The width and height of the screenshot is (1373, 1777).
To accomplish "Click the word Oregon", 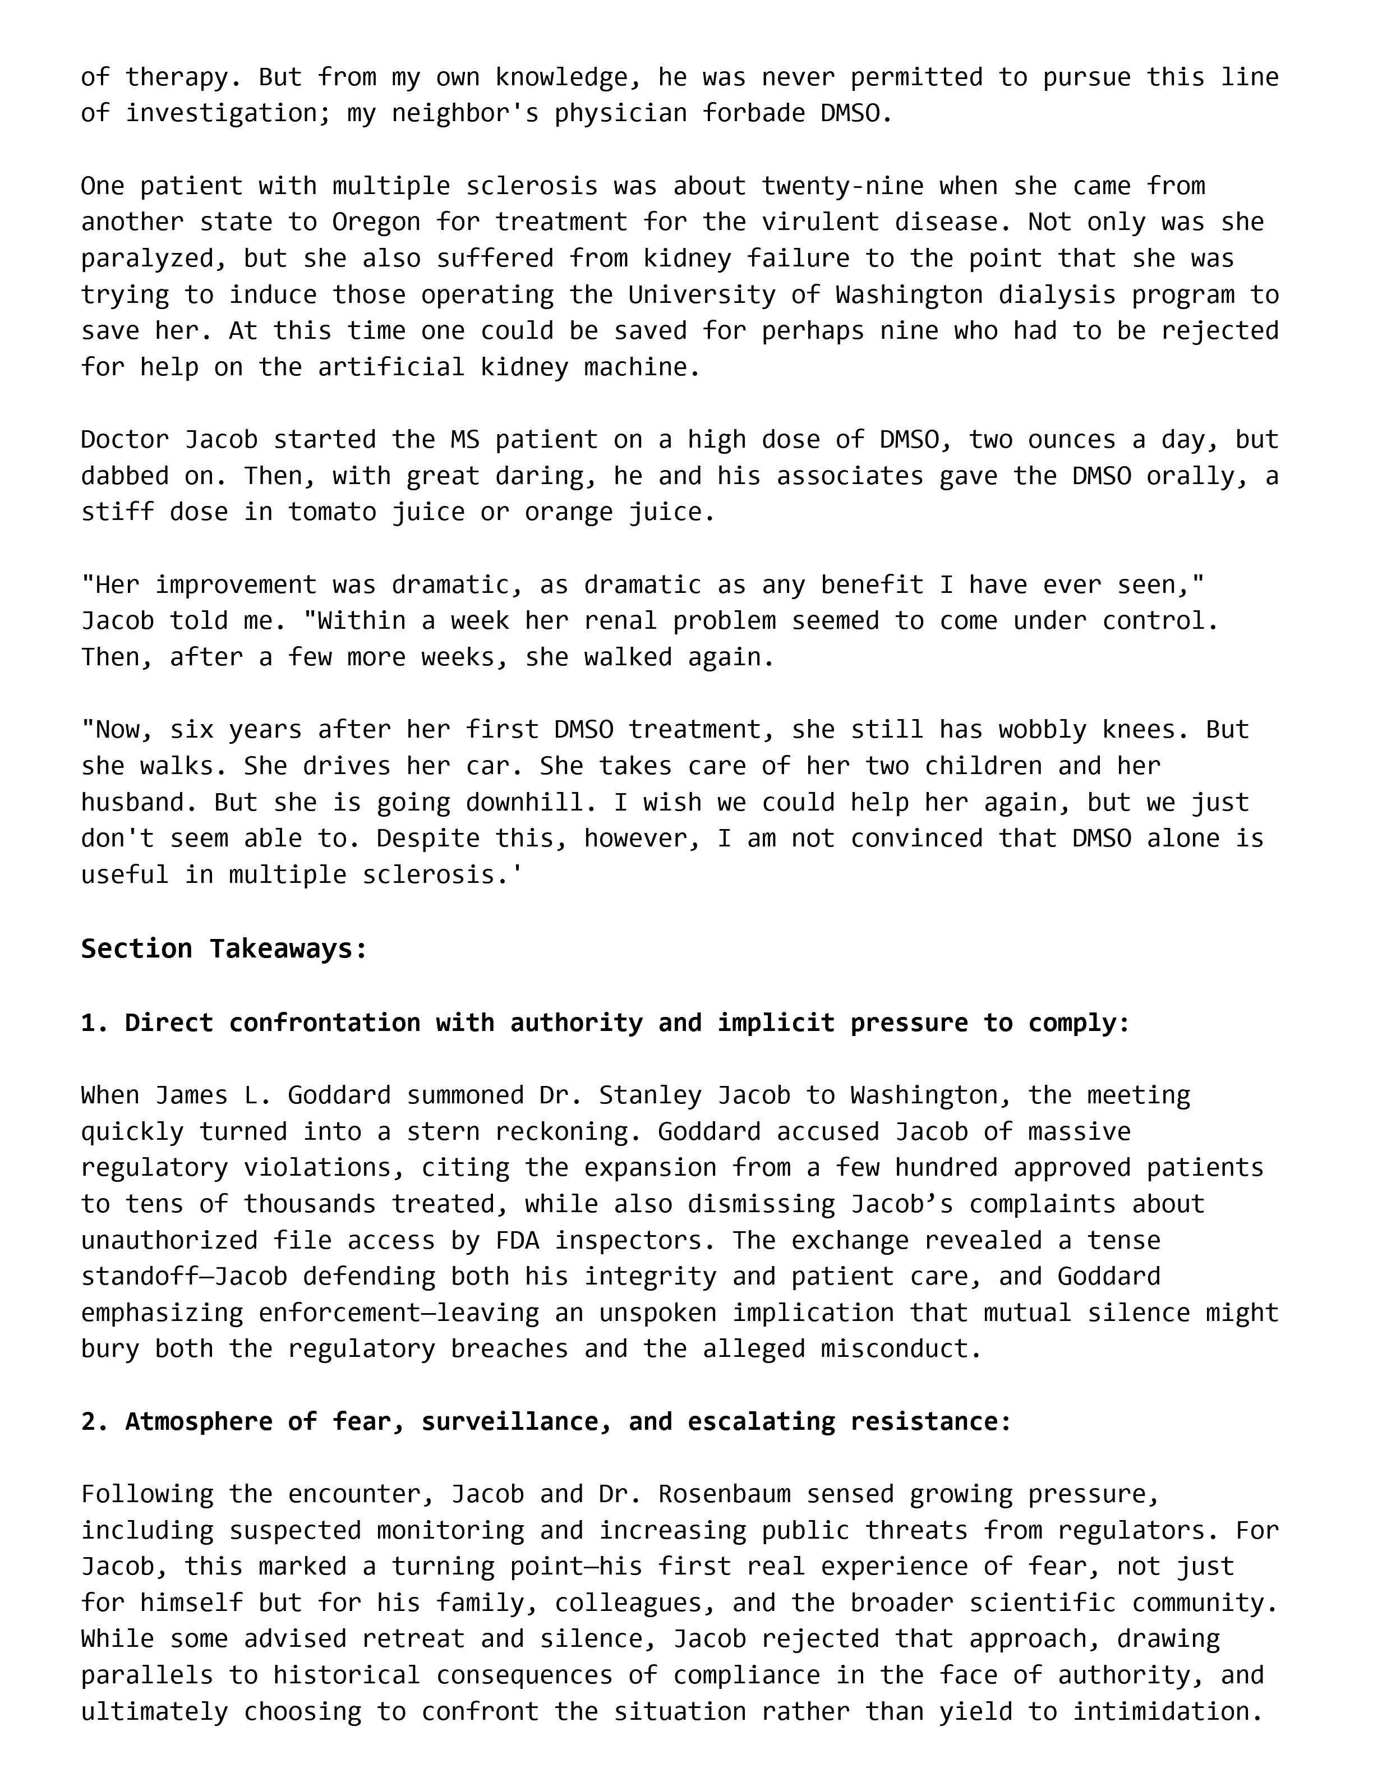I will (376, 222).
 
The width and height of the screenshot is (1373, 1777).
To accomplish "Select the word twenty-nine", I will (842, 186).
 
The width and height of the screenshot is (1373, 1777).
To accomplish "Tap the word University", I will (702, 294).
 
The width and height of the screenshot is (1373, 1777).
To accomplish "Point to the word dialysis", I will (1057, 294).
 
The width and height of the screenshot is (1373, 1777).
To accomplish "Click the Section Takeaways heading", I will (224, 949).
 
